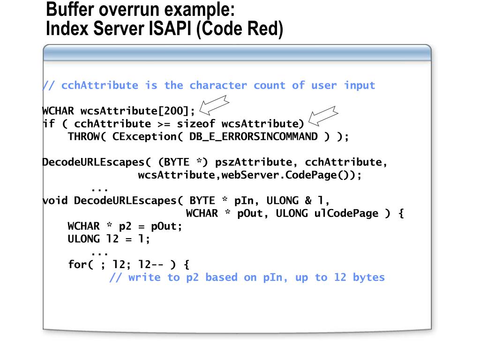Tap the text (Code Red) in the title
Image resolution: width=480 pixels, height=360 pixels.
pos(240,29)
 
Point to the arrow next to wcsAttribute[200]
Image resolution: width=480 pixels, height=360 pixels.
pos(214,105)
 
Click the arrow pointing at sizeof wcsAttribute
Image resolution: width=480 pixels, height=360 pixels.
pos(323,116)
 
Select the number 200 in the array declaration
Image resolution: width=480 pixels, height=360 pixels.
pos(173,111)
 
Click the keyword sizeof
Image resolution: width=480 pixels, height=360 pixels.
pos(196,123)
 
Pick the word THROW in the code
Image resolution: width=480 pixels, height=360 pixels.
pos(83,136)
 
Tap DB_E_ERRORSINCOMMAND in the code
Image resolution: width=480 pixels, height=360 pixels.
pos(254,136)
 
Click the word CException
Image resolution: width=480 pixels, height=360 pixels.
pos(144,136)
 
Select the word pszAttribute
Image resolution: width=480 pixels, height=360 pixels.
pos(254,162)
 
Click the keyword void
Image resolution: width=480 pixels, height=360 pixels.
pos(55,200)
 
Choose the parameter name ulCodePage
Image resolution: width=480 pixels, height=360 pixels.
pos(346,213)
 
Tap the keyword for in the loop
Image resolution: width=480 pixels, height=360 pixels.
pos(77,264)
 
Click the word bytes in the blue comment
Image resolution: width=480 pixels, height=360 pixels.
pos(369,277)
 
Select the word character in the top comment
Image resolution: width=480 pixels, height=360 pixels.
pos(218,85)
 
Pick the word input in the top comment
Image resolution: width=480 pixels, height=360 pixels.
pos(360,85)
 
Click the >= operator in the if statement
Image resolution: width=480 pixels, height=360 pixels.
pos(164,124)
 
